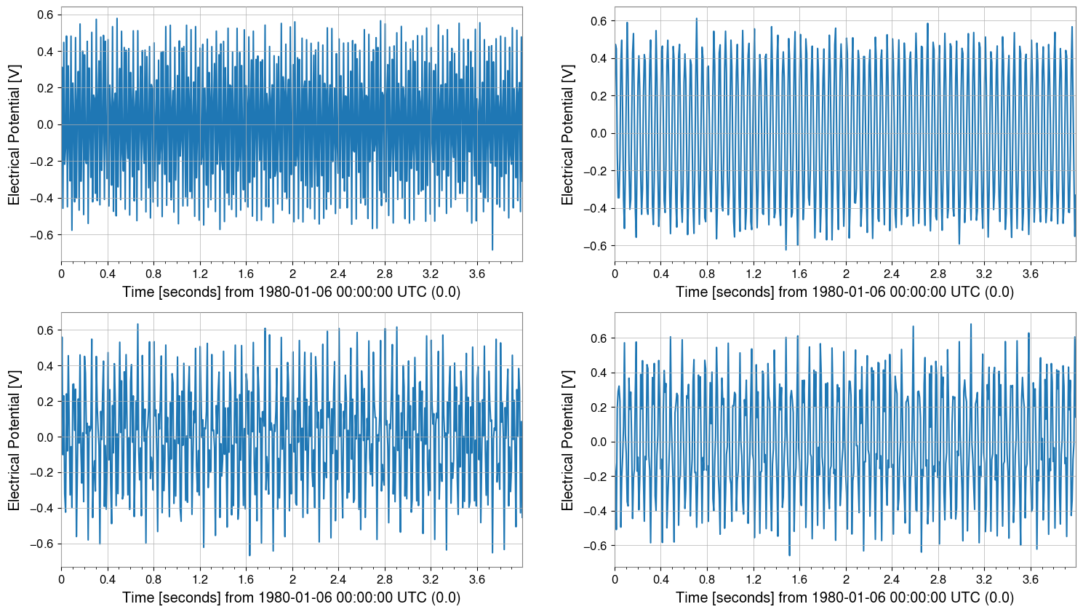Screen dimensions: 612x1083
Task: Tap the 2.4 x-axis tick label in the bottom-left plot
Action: tap(338, 580)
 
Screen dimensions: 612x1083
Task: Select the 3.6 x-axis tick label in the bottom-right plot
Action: tap(1030, 580)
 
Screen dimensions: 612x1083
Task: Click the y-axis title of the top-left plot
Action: tap(15, 135)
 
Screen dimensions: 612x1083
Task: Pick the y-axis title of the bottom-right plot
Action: tap(568, 440)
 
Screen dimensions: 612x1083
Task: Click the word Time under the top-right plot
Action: tap(692, 292)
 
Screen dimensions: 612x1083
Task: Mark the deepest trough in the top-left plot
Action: tap(492, 250)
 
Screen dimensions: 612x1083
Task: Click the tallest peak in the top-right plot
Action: tap(696, 19)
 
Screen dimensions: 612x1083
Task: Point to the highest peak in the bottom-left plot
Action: tap(137, 324)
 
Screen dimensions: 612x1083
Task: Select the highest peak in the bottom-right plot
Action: tap(970, 325)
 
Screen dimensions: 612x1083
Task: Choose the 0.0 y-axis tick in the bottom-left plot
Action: tap(45, 437)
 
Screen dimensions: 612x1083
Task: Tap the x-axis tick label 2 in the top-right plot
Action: tap(845, 274)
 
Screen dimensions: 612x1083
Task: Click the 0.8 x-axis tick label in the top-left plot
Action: tap(153, 274)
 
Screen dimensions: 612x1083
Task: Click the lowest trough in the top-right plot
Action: tap(786, 250)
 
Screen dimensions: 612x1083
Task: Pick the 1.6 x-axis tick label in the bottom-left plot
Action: tap(246, 580)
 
